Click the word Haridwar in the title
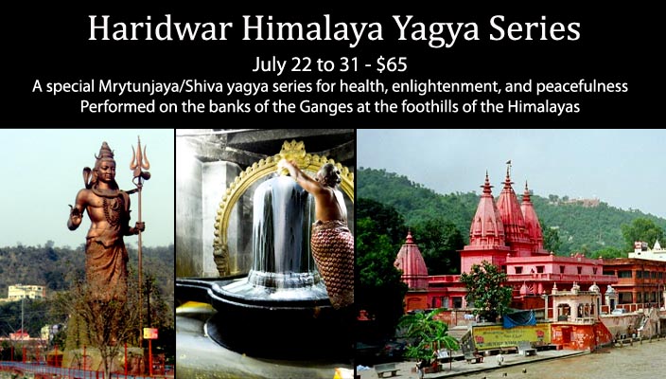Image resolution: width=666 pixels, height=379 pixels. (x=160, y=28)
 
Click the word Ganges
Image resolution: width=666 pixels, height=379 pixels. (x=326, y=107)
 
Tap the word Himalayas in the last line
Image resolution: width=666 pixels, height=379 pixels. (x=544, y=107)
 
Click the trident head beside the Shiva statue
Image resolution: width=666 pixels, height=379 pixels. (x=140, y=158)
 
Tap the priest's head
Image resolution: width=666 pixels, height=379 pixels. (x=333, y=174)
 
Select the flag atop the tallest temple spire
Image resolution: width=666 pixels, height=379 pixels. (x=508, y=163)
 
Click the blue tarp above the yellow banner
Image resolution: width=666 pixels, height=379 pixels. (x=519, y=319)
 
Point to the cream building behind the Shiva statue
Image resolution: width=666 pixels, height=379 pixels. (x=26, y=292)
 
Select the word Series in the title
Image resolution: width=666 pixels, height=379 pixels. (x=535, y=28)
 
